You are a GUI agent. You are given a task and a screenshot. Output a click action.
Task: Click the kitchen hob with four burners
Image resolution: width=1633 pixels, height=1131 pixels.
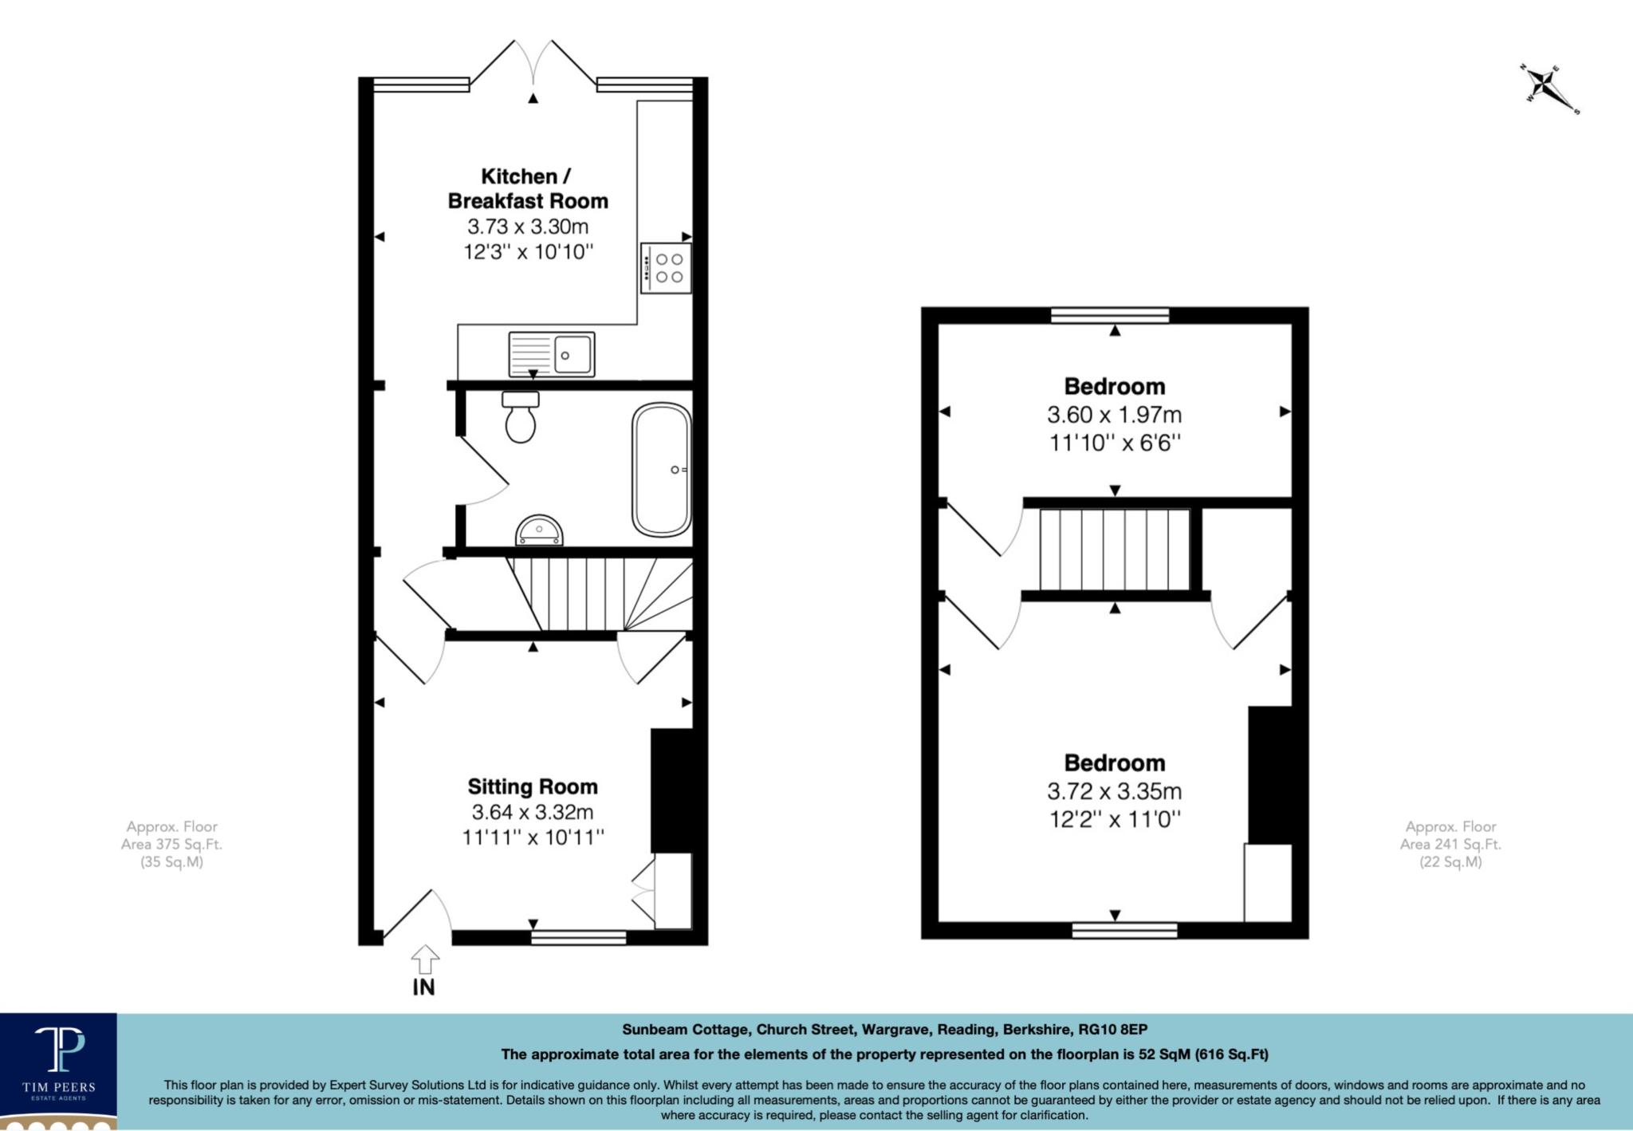coord(666,268)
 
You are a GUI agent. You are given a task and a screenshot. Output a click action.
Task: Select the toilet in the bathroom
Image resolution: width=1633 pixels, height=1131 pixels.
coord(521,418)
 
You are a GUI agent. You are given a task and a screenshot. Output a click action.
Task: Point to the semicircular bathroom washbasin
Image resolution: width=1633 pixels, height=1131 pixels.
coord(539,530)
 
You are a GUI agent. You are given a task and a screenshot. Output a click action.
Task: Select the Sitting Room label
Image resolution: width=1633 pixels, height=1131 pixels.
coord(533,787)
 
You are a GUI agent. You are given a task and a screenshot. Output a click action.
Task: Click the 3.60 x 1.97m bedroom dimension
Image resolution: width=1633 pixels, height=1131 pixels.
coord(1114,415)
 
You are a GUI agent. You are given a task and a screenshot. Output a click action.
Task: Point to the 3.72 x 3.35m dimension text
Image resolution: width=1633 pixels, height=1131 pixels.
coord(1114,791)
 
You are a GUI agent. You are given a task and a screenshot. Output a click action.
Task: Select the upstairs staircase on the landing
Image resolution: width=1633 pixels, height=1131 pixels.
coord(1114,549)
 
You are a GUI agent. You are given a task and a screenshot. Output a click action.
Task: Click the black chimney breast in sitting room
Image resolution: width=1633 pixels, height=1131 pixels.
coord(671,790)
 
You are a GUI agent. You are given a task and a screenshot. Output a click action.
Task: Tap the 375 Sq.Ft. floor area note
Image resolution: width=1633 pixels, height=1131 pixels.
coord(171,844)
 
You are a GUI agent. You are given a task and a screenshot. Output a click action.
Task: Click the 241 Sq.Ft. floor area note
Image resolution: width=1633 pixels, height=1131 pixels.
coord(1450,844)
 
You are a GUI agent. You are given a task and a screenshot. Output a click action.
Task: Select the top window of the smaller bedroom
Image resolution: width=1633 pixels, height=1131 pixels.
coord(1110,315)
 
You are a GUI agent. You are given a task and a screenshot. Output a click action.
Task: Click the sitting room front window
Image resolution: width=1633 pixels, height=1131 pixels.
coord(578,937)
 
